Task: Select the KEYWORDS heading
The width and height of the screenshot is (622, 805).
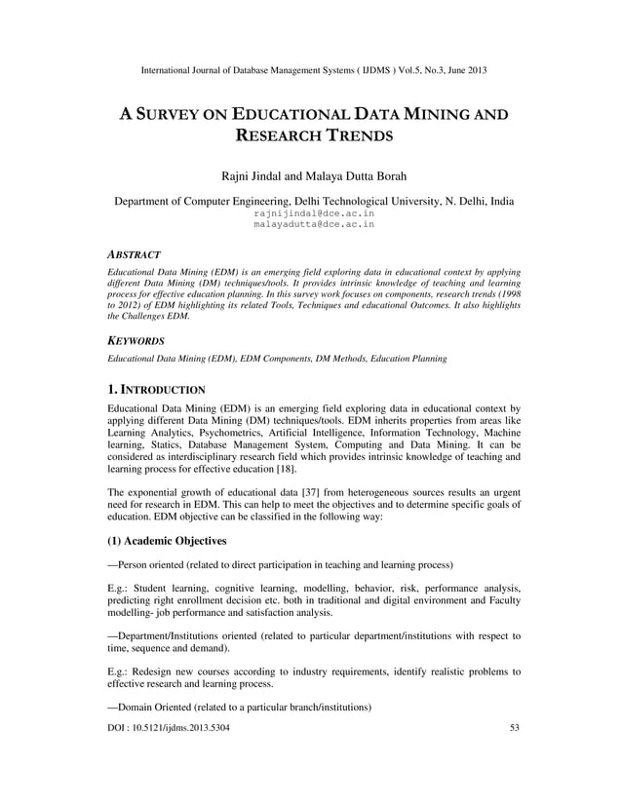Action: coord(136,341)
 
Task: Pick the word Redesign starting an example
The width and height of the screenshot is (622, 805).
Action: coord(158,671)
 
